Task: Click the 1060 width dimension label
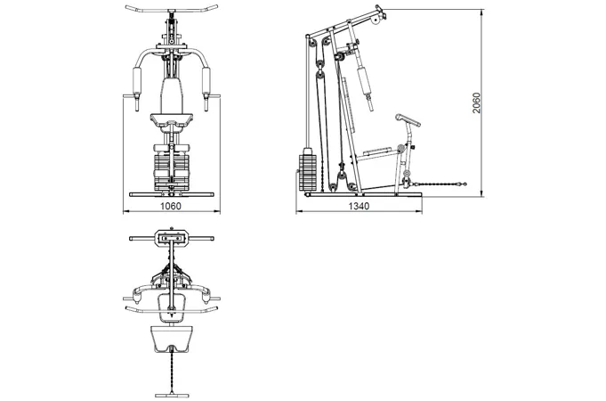click(171, 206)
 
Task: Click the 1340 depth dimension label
click(359, 206)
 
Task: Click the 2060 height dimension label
click(477, 103)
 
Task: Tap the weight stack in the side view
click(308, 173)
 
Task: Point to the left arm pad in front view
click(137, 81)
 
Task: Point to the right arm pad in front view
click(206, 81)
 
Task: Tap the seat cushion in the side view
click(377, 151)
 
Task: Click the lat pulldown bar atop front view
click(172, 9)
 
